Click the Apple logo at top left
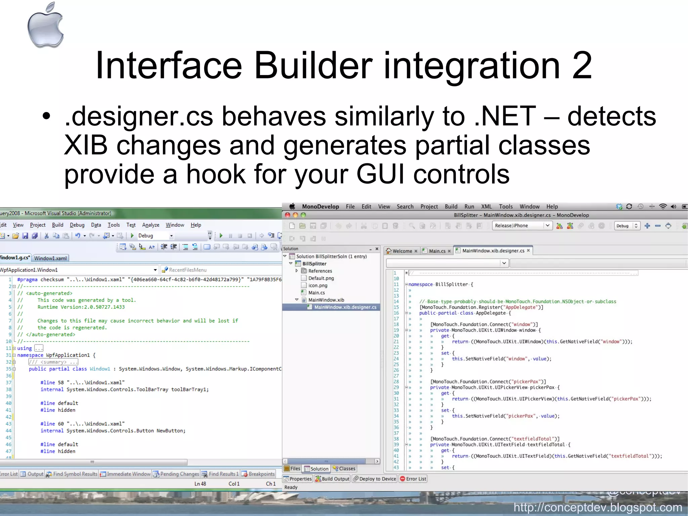pos(46,26)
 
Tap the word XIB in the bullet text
pos(86,145)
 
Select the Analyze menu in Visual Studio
pos(150,225)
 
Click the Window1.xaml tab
pos(50,258)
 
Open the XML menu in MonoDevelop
pos(486,206)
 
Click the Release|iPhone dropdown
pos(522,226)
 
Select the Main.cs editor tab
pos(437,251)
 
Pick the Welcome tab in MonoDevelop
pos(402,251)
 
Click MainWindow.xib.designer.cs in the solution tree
pos(345,307)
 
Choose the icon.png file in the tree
pos(317,285)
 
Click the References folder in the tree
pos(320,271)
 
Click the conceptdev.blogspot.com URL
pos(598,507)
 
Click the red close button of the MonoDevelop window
pos(288,215)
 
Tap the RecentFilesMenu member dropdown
pos(187,270)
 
